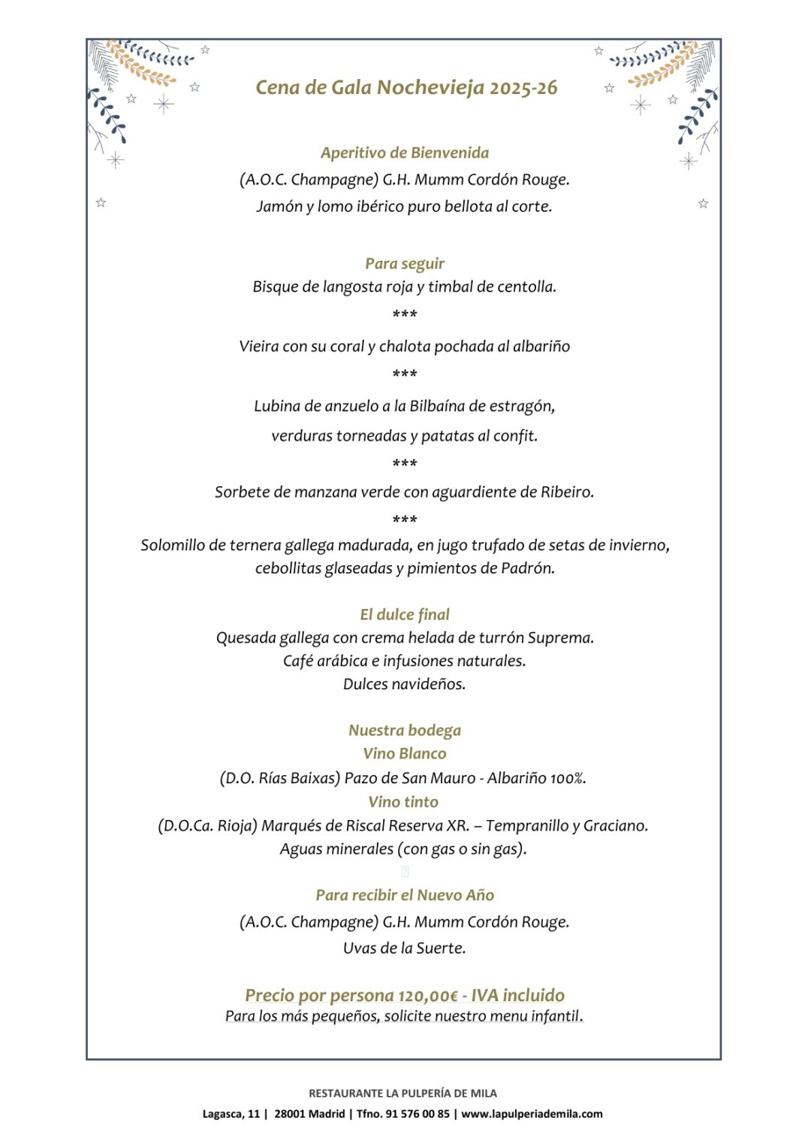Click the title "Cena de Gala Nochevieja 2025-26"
coord(406,88)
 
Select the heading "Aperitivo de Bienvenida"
coord(405,153)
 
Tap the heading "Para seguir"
coord(405,263)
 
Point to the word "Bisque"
coord(274,286)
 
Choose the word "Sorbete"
coord(242,492)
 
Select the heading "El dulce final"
coord(405,614)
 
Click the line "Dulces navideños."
coord(405,684)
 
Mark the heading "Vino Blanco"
coord(405,753)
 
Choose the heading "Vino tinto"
coord(403,802)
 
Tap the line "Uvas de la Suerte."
coord(405,948)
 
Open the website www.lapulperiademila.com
coord(532,1114)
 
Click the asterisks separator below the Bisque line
coord(405,314)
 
